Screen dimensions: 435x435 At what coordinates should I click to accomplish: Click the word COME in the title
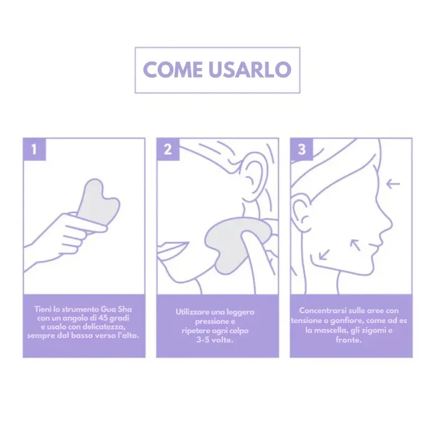point(172,70)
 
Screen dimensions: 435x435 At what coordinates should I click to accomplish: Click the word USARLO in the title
point(247,70)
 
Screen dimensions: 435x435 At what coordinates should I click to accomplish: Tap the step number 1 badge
point(34,149)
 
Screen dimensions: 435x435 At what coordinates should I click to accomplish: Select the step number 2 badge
point(167,149)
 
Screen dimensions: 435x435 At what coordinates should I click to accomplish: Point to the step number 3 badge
point(301,149)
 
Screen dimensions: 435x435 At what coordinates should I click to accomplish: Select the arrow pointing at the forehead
point(393,183)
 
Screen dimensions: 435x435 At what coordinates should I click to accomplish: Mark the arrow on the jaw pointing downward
point(324,254)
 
